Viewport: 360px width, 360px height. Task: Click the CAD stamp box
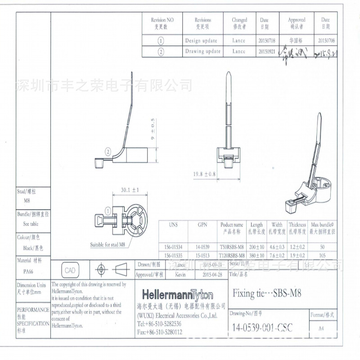coord(70,270)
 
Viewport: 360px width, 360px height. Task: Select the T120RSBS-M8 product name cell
coord(232,255)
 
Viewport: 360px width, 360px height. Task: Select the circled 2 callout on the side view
coord(108,151)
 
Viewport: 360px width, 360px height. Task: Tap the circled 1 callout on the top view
coord(108,210)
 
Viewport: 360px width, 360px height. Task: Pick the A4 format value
coord(321,328)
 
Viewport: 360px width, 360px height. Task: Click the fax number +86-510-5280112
coord(159,332)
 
